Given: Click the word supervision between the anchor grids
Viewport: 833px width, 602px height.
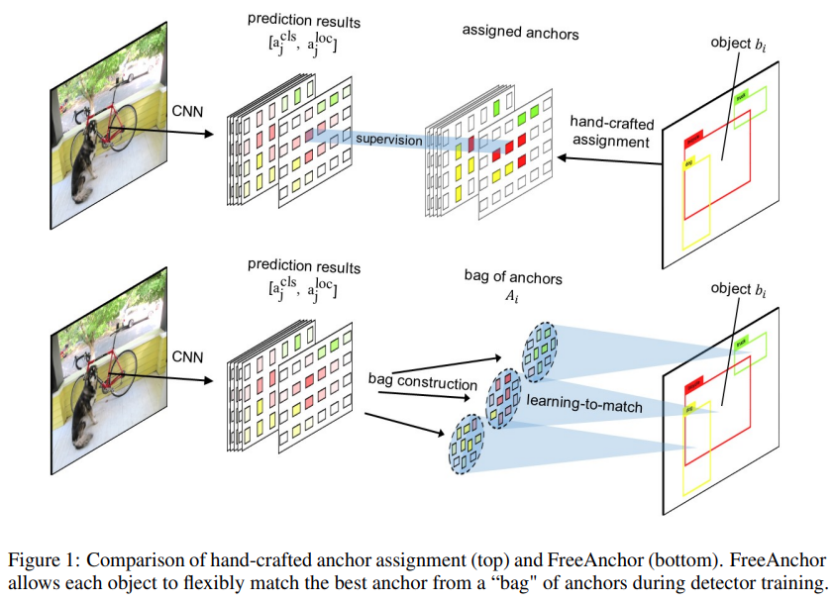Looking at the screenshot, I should [x=389, y=140].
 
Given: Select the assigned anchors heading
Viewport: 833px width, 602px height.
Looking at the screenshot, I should [x=520, y=33].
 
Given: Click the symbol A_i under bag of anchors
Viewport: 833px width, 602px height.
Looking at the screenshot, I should [x=512, y=296].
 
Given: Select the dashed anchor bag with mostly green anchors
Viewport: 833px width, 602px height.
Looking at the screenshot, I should [x=541, y=351].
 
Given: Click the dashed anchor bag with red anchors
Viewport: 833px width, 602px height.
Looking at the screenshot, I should [x=502, y=399].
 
